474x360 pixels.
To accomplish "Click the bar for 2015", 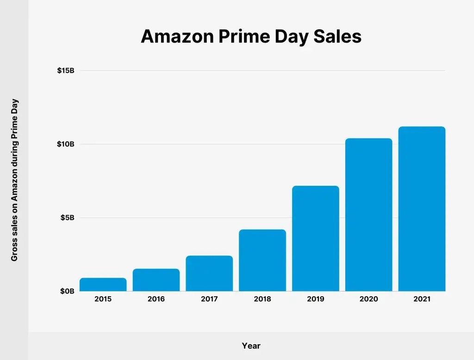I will point(103,285).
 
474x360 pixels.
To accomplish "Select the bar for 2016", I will point(156,280).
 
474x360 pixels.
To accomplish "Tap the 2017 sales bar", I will point(209,273).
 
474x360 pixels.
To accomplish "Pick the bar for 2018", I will point(262,261).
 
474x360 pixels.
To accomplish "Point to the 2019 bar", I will point(315,238).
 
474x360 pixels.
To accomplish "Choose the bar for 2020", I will point(368,215).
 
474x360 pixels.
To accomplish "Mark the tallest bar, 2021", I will point(422,209).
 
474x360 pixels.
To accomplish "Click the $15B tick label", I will point(66,71).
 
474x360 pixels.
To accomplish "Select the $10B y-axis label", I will point(66,144).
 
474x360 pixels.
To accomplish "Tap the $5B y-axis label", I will point(68,217).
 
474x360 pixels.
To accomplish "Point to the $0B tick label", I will point(68,291).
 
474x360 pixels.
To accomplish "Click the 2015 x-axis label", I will point(103,299).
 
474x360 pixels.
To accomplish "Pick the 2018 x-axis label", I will point(262,299).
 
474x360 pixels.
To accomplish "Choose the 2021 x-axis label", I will point(422,299).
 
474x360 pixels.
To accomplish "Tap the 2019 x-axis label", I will point(315,299).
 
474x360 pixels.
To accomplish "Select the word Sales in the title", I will point(337,37).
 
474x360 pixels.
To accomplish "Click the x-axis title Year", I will point(251,346).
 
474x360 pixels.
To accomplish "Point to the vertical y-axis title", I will point(14,180).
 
